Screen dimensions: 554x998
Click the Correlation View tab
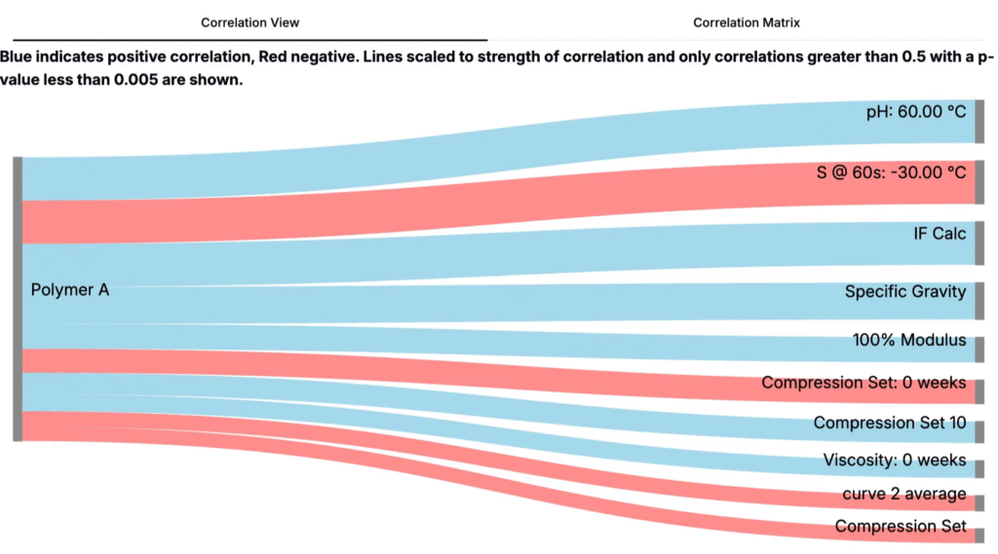pos(250,21)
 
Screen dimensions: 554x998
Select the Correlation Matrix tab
pos(746,21)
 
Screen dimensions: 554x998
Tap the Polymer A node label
pos(69,289)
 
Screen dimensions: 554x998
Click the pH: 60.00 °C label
pos(916,112)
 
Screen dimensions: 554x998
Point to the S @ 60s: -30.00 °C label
pos(891,172)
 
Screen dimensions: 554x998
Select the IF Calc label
pos(940,234)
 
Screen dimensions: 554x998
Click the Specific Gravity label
pos(905,291)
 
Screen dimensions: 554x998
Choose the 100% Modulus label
pos(909,341)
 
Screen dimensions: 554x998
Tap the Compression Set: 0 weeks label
pos(864,383)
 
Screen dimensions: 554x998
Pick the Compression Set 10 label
pos(890,423)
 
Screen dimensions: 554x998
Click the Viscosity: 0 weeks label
pos(895,460)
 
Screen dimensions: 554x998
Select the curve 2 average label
pos(904,495)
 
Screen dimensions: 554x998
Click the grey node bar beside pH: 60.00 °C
pos(979,121)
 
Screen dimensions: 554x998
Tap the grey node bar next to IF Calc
pos(979,242)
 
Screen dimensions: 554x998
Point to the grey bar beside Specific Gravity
pos(979,301)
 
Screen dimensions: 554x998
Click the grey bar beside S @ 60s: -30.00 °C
pos(979,182)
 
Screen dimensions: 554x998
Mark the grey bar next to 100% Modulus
pos(979,350)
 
